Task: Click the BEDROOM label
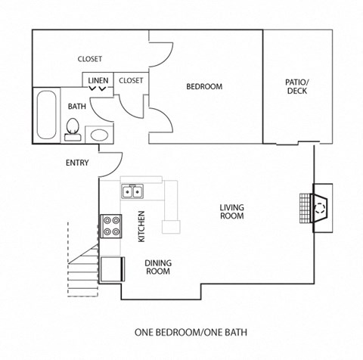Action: (204, 86)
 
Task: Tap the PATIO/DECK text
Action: (296, 86)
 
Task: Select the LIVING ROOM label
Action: (231, 211)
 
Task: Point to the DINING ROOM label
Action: (157, 267)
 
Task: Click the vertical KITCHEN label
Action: (141, 226)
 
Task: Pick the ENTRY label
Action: (77, 163)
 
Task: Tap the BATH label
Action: (77, 107)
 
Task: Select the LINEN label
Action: (98, 80)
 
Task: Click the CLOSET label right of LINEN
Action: (131, 80)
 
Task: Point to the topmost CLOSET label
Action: (90, 59)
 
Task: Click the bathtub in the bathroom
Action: (45, 115)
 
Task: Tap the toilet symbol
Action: (73, 132)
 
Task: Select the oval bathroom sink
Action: (99, 135)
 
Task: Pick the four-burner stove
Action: (113, 225)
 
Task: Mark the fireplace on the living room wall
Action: (318, 206)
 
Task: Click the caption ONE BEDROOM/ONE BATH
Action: (191, 331)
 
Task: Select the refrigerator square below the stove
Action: (112, 268)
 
